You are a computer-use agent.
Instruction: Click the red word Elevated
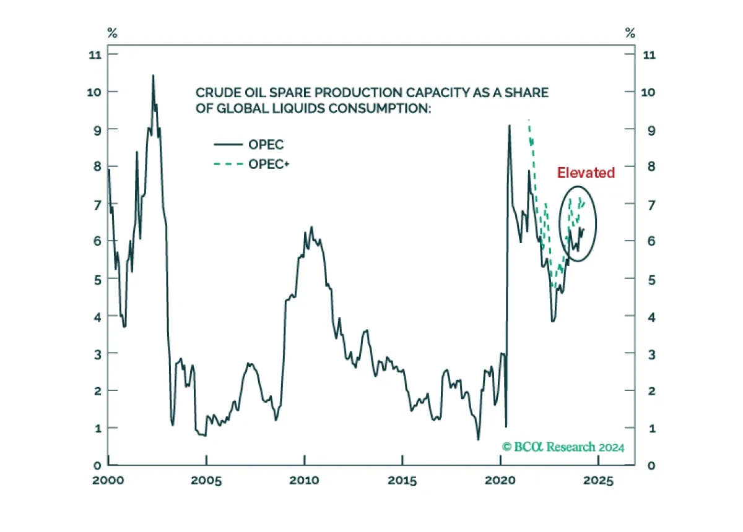[x=586, y=173]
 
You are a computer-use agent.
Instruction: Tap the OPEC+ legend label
[x=269, y=164]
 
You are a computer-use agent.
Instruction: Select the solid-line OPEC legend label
[x=266, y=145]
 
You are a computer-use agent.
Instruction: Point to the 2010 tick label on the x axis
[x=304, y=480]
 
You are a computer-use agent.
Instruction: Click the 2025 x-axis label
[x=598, y=480]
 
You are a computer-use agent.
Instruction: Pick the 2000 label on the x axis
[x=108, y=480]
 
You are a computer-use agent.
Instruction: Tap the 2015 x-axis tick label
[x=402, y=480]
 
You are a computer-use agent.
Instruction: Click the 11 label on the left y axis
[x=95, y=54]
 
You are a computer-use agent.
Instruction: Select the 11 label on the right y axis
[x=650, y=54]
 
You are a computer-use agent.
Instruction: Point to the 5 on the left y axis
[x=98, y=280]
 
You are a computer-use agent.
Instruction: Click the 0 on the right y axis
[x=651, y=466]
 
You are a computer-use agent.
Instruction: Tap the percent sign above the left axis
[x=113, y=33]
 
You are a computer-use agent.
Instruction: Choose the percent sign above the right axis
[x=630, y=33]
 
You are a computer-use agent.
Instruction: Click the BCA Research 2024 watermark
[x=563, y=447]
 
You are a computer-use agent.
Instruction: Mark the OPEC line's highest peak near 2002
[x=153, y=75]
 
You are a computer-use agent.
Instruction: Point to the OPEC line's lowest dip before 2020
[x=478, y=440]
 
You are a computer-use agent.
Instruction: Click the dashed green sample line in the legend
[x=228, y=164]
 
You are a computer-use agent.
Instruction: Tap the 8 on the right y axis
[x=651, y=166]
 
